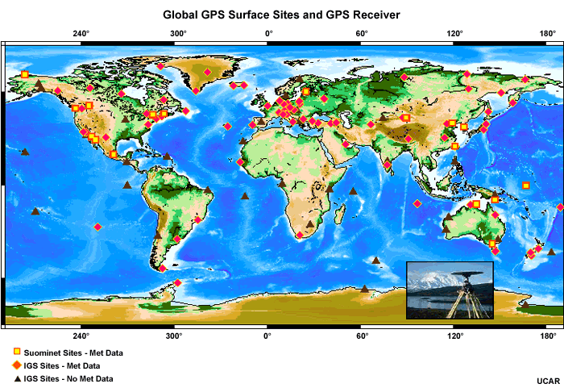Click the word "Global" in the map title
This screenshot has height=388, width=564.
184,15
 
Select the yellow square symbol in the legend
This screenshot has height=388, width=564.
17,353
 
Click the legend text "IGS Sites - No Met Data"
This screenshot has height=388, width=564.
68,378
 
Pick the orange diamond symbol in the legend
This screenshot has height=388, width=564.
17,365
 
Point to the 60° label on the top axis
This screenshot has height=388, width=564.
362,34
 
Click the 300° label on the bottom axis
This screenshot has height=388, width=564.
174,336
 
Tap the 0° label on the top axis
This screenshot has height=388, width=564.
268,34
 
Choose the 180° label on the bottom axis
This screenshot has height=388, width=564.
548,336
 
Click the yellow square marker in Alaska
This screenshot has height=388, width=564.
25,74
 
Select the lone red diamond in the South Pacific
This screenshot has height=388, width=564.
97,227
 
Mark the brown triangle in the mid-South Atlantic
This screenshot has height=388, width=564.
245,195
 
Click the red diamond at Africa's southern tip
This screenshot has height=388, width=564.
300,235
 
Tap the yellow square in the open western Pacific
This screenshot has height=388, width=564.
525,186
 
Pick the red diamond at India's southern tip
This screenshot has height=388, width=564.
388,165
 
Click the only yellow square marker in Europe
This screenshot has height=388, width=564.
306,91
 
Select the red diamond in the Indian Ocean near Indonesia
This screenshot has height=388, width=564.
417,204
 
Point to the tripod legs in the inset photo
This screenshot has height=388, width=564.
465,302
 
